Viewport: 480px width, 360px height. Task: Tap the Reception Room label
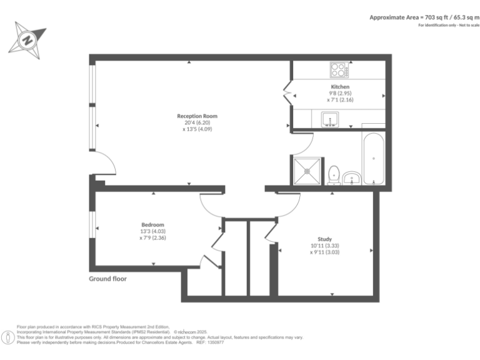(197, 116)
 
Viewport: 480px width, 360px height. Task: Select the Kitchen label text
(340, 86)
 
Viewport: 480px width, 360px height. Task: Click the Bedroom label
(152, 224)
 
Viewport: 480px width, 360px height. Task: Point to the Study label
(324, 239)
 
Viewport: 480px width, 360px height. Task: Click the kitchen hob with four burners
(339, 68)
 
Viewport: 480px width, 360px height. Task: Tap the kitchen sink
(329, 118)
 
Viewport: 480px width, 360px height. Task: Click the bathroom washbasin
(352, 178)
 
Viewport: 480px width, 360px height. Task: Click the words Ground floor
(107, 279)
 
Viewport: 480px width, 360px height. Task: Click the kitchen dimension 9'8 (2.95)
(340, 93)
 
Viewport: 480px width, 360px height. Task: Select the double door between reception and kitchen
(287, 93)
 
